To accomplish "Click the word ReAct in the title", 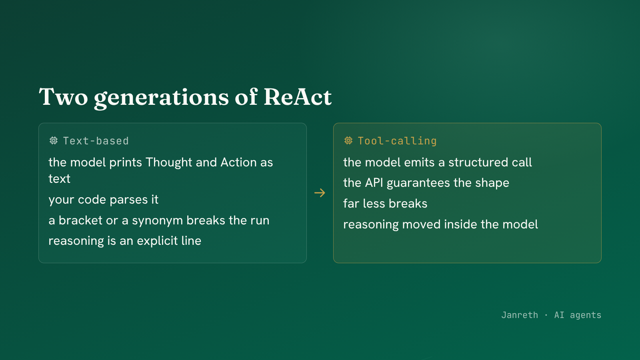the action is tap(298, 97).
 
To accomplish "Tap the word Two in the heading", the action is tap(63, 97).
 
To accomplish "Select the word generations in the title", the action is tap(162, 98).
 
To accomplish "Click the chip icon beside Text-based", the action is tap(54, 140).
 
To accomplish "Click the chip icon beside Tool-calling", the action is tap(348, 140).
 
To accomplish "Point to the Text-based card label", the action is tap(96, 141).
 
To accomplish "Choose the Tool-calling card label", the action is tap(397, 141).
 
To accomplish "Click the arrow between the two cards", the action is tap(320, 193).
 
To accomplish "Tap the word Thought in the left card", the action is tap(169, 162).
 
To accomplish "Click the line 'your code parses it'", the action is tap(104, 200).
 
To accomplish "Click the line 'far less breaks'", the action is tap(385, 204).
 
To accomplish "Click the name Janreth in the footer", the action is tap(520, 315).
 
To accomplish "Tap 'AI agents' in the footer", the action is tap(578, 315).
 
